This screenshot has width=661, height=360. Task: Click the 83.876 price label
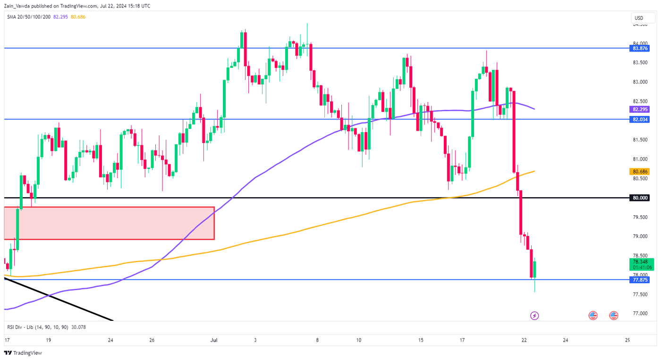640,48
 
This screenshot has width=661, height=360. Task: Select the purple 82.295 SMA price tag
640,109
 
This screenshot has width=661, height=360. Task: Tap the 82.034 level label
640,119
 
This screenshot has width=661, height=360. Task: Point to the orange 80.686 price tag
640,171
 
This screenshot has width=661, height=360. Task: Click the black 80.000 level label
640,198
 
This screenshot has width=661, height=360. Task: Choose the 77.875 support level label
640,280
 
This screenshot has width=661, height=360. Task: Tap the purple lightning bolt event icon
534,315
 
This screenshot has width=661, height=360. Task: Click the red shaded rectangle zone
109,223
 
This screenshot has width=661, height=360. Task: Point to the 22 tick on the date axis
524,340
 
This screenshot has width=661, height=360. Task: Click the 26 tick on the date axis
152,340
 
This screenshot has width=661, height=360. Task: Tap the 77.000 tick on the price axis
640,313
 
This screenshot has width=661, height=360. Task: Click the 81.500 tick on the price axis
640,140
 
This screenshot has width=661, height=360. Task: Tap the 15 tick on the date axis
421,340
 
